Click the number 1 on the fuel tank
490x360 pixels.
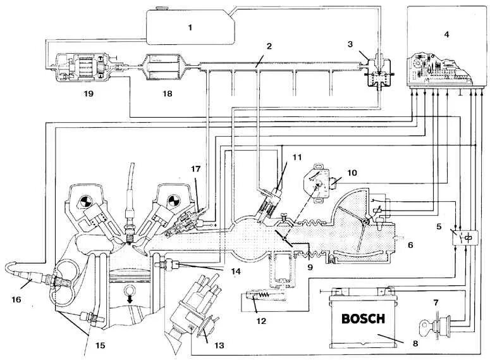coord(189,27)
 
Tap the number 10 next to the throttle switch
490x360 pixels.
coord(352,173)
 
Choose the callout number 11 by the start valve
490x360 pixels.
coord(298,156)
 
